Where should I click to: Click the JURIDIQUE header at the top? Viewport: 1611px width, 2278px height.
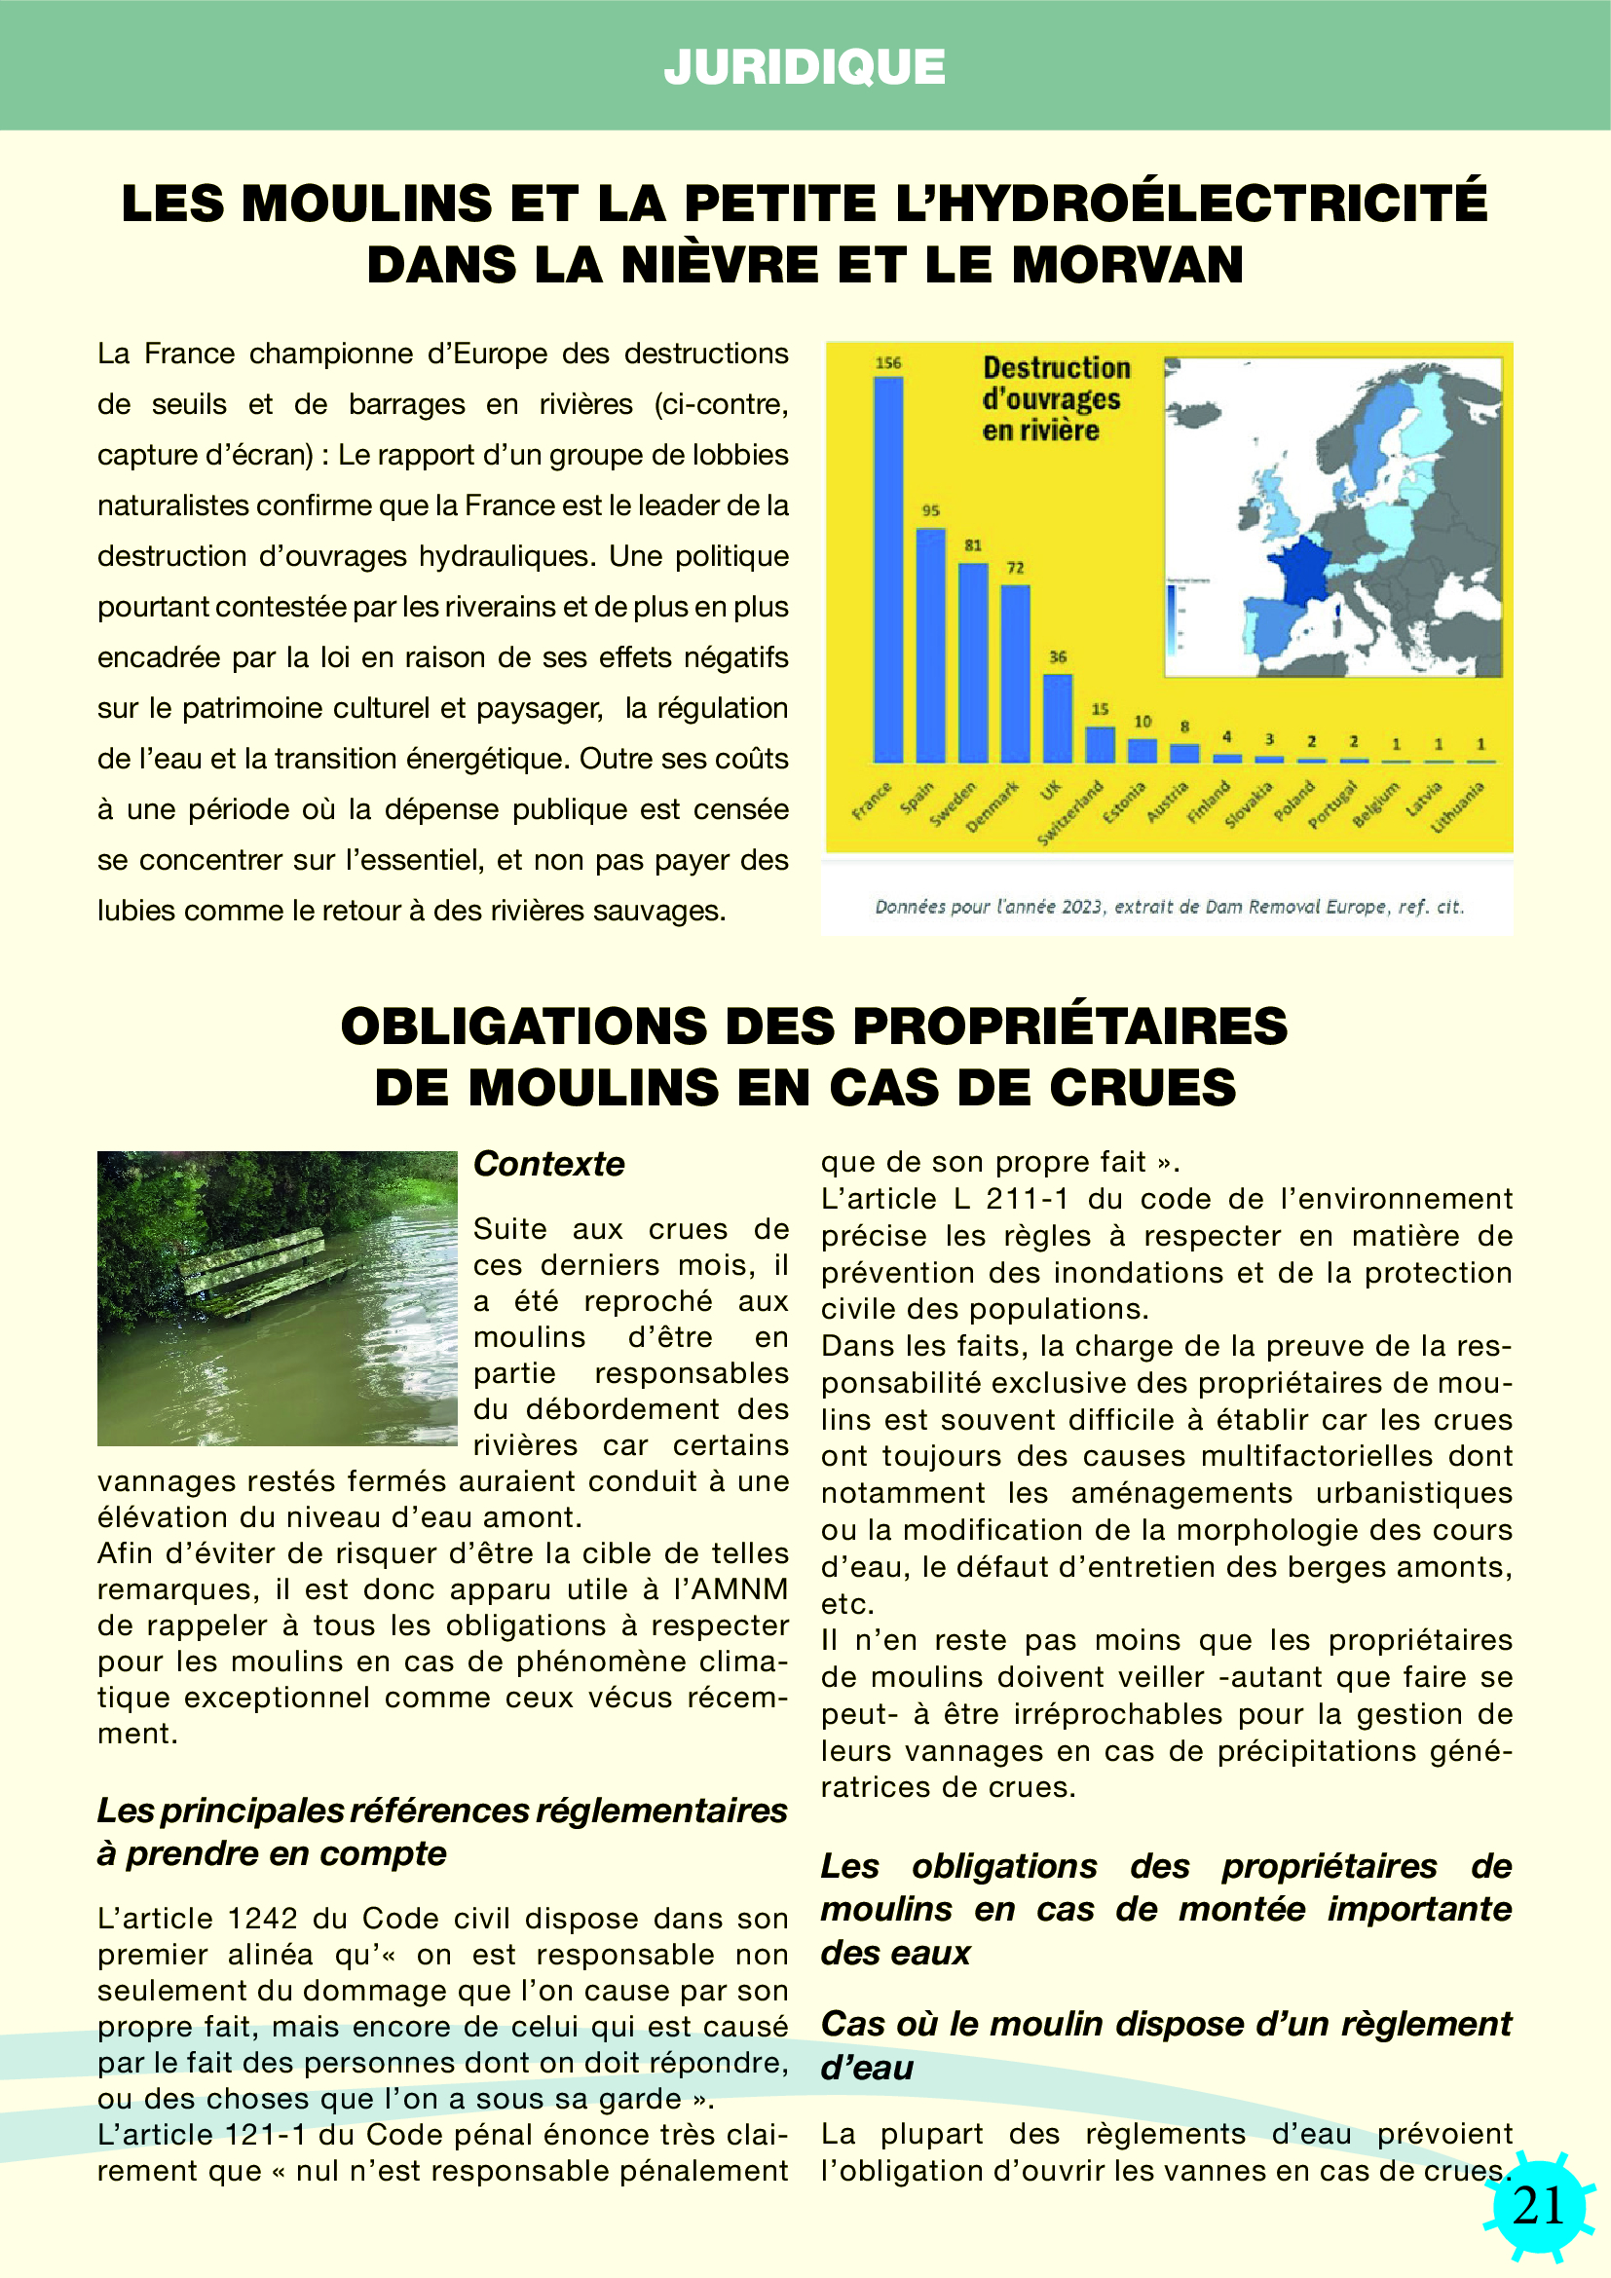click(x=805, y=66)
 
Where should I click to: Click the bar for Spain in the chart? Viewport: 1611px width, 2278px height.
click(x=930, y=645)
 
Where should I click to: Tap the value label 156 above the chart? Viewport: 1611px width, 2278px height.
click(x=888, y=363)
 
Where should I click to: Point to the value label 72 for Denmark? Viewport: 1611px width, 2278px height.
click(x=1015, y=568)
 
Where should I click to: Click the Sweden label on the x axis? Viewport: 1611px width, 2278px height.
click(x=954, y=804)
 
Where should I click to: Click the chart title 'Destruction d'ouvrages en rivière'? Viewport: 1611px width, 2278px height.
click(x=1056, y=399)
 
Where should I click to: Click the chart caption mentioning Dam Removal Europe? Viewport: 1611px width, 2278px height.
click(x=1169, y=906)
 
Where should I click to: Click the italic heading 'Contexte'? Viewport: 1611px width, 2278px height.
click(x=548, y=1164)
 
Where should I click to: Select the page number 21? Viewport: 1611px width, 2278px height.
click(x=1539, y=2206)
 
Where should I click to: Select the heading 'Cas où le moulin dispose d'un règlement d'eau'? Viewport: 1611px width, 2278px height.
click(x=1166, y=2046)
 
